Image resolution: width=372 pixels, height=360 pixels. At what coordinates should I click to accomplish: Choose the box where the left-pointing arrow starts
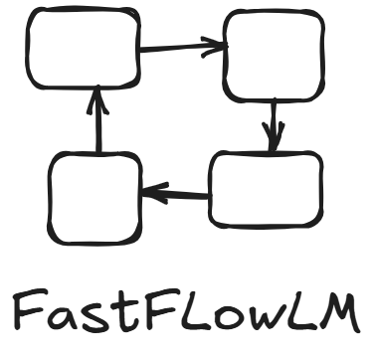266,191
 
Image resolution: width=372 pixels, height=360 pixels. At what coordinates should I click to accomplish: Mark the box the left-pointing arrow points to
94,198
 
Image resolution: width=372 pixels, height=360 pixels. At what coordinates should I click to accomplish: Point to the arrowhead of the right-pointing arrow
217,44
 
